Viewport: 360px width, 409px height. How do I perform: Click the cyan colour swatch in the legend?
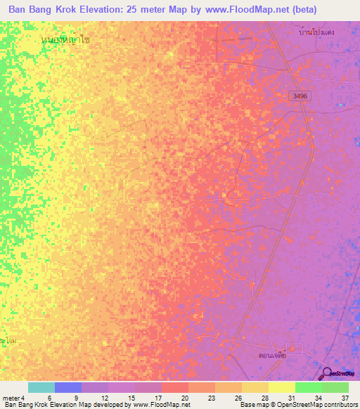[41, 387]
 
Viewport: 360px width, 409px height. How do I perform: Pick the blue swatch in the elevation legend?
[68, 387]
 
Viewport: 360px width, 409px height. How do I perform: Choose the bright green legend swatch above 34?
[309, 387]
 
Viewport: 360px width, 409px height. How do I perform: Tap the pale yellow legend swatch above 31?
[282, 387]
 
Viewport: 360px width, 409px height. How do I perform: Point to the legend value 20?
[184, 398]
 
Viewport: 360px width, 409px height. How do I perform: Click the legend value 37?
[345, 398]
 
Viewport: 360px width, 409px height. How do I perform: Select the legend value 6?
[49, 398]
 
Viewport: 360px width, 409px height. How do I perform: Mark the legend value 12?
[104, 398]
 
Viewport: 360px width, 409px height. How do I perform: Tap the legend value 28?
[264, 398]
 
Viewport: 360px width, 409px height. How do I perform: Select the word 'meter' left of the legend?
[10, 398]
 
